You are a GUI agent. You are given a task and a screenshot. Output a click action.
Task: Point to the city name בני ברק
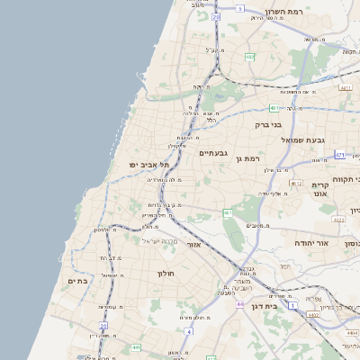tap(269, 125)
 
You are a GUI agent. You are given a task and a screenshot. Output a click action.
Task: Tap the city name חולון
tap(165, 273)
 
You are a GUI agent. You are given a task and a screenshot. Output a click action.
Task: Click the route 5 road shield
tap(240, 7)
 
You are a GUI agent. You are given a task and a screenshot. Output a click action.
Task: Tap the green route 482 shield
tap(249, 57)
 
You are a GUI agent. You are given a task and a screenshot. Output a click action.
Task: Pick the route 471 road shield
tap(339, 155)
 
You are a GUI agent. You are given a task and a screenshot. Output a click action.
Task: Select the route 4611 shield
tap(296, 184)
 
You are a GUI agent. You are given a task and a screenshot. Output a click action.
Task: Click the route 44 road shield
tap(240, 304)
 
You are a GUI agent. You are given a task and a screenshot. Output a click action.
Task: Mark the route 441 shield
tap(136, 347)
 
